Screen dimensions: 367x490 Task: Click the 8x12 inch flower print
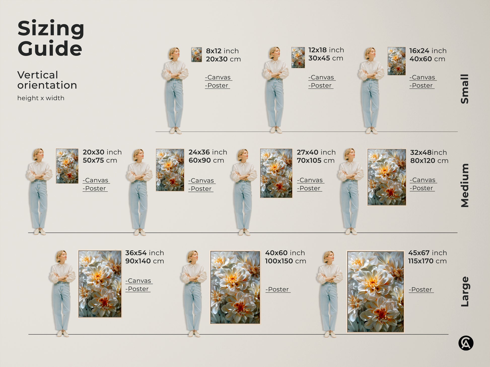click(x=196, y=55)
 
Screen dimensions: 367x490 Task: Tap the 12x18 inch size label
click(x=326, y=50)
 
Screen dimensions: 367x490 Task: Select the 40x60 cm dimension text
click(x=427, y=59)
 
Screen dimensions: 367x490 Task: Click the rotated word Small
click(x=465, y=89)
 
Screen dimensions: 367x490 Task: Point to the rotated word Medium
click(x=465, y=185)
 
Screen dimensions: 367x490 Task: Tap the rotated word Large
click(x=465, y=292)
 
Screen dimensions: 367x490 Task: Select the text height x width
click(x=41, y=98)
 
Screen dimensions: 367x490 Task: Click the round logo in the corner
click(x=466, y=343)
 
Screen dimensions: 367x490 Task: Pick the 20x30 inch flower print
click(x=67, y=166)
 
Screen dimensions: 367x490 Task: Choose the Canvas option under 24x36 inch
click(x=202, y=181)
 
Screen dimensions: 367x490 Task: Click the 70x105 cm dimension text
click(x=316, y=160)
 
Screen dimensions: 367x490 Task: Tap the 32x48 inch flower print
click(x=387, y=177)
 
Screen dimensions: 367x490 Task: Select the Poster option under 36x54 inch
click(x=138, y=289)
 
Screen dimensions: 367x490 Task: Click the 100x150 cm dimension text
click(x=286, y=261)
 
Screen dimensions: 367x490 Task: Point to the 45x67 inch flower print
click(x=375, y=292)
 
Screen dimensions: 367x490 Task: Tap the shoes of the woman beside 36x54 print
click(x=62, y=334)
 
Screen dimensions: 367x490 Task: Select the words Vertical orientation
click(x=47, y=80)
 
